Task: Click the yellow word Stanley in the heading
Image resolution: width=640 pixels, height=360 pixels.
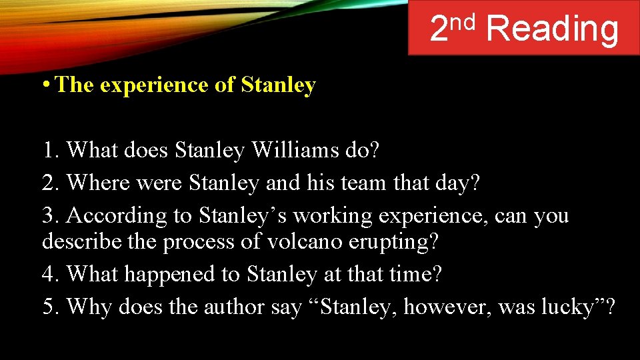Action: [x=278, y=85]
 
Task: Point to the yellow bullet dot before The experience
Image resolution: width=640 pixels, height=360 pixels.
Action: [x=45, y=86]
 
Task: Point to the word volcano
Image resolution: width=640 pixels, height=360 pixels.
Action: [x=304, y=241]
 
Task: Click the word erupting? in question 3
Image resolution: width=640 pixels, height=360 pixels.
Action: [x=393, y=241]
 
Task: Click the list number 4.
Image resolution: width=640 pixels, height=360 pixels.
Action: [x=51, y=273]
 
